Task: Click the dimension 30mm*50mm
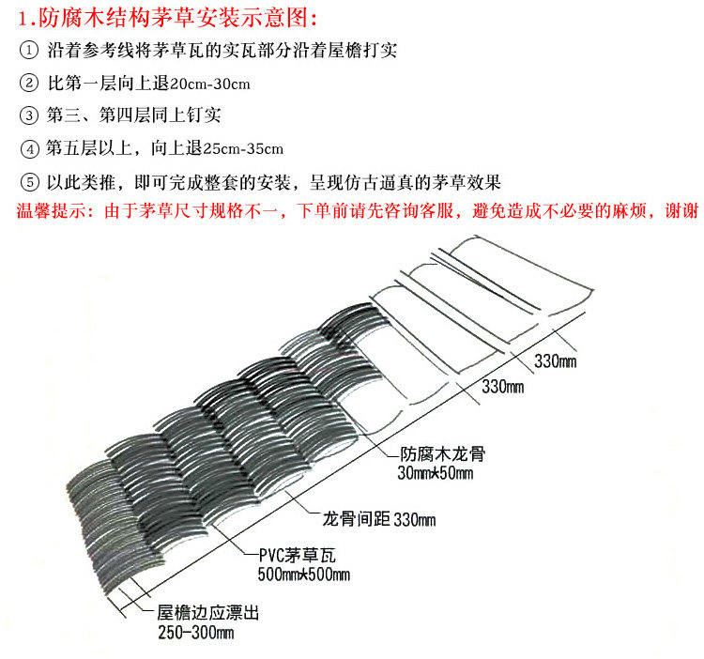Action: coord(436,472)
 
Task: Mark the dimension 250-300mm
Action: coord(194,634)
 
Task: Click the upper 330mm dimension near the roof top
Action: coord(556,360)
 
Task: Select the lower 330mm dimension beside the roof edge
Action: coord(501,386)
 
